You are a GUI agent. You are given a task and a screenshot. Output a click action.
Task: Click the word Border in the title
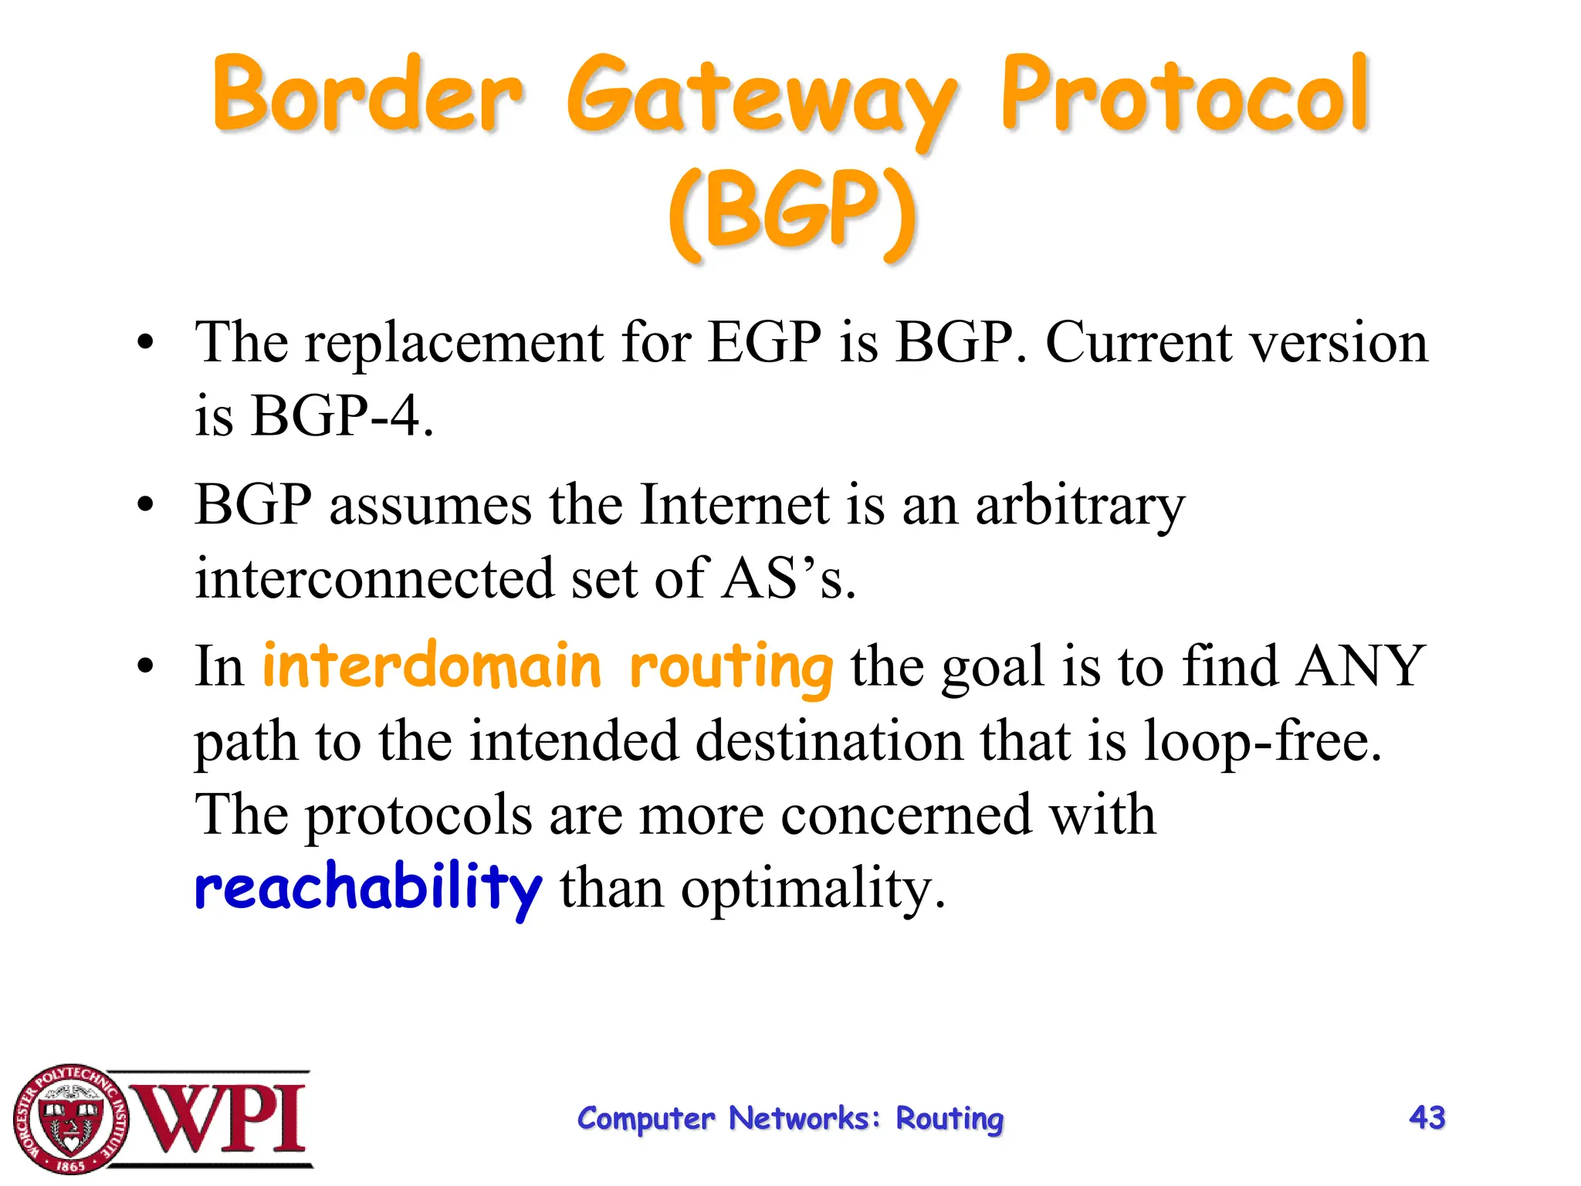tap(368, 97)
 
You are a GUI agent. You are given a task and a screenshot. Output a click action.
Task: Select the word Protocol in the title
tap(1185, 97)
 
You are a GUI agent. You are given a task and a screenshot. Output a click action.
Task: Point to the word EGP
tap(764, 342)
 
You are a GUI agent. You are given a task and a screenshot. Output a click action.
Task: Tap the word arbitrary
tap(1079, 507)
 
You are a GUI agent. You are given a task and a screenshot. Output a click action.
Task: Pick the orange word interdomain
tap(432, 666)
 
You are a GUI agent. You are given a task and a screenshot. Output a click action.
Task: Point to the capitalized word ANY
tap(1360, 665)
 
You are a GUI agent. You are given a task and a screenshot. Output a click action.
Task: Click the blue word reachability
tap(368, 888)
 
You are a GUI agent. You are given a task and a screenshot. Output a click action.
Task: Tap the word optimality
tap(812, 889)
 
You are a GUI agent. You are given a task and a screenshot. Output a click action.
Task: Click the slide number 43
tap(1427, 1117)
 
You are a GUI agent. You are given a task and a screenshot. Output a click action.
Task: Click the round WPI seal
tap(71, 1118)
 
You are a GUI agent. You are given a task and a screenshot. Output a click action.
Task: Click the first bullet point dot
tap(145, 342)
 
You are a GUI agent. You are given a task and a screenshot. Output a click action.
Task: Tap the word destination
tap(829, 740)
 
